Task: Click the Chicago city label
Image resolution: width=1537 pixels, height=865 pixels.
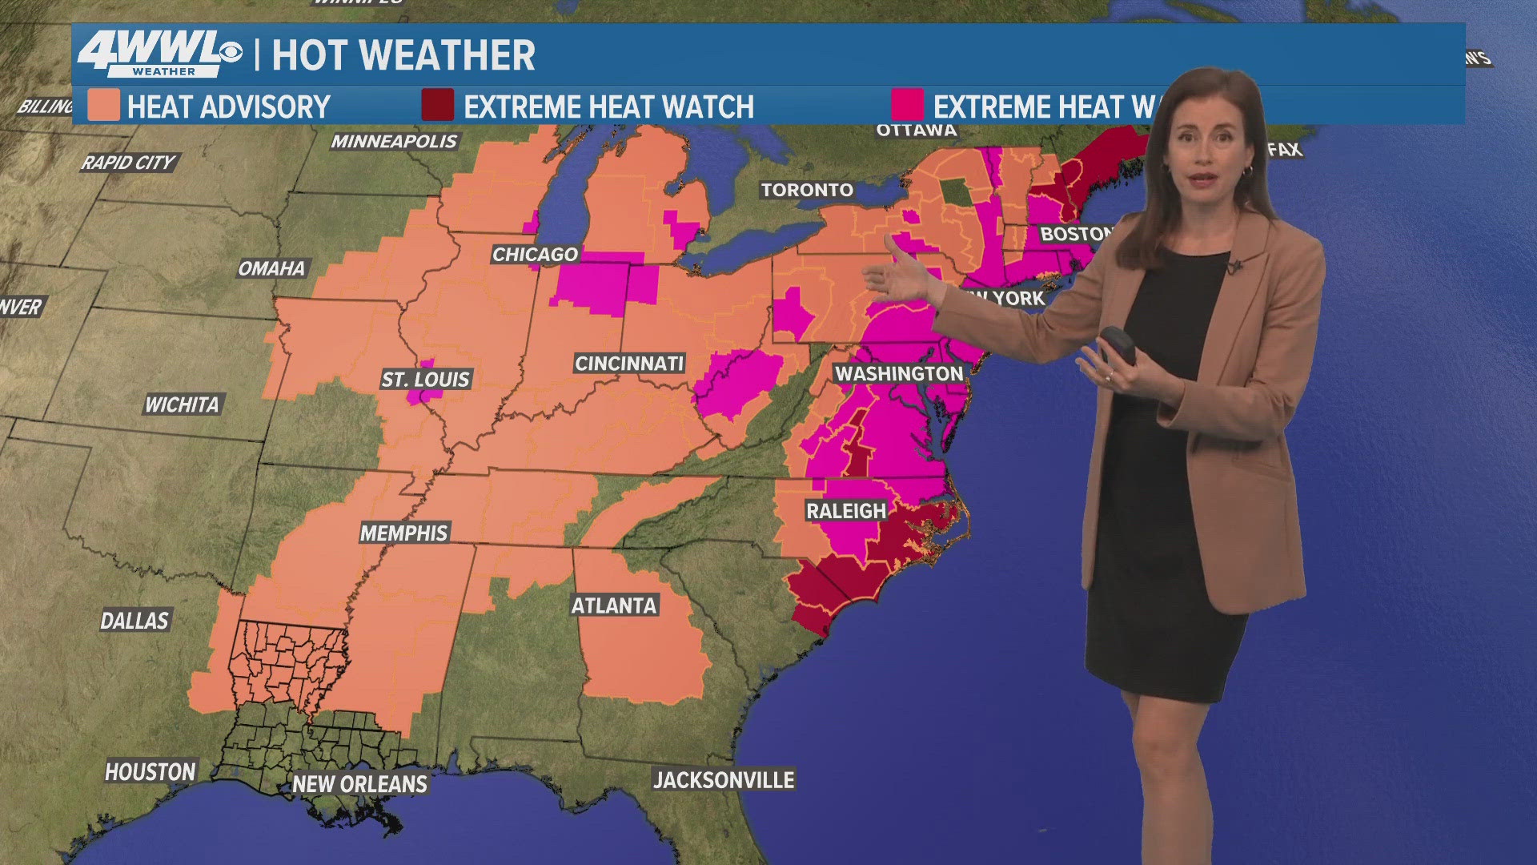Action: click(535, 255)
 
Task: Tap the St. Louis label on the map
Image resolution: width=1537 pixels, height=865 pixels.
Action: click(425, 379)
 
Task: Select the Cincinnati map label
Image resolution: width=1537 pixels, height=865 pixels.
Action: click(629, 364)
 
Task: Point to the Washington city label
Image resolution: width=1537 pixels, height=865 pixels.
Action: click(899, 374)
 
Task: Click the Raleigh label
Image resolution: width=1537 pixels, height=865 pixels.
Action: click(846, 511)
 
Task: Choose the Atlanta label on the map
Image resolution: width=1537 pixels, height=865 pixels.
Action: click(614, 605)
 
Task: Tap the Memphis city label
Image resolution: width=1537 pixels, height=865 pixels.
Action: click(403, 533)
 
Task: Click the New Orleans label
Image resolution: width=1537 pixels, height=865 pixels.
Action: click(359, 784)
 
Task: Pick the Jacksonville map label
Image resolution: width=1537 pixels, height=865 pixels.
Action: click(724, 779)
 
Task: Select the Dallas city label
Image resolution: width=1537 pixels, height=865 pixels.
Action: click(134, 621)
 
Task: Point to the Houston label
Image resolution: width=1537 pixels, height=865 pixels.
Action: click(150, 771)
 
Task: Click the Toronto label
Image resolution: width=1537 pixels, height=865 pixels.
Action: click(807, 190)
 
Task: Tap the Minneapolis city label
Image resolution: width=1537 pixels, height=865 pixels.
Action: click(394, 142)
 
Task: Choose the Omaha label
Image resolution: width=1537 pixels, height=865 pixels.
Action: click(271, 268)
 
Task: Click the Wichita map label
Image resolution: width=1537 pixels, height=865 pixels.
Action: click(182, 405)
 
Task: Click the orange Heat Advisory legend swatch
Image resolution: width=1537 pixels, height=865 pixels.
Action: click(104, 106)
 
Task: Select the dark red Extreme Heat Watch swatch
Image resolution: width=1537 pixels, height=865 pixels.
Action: click(438, 106)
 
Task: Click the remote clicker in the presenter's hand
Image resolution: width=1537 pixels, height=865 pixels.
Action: click(1118, 346)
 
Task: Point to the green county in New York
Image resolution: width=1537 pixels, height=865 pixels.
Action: click(953, 191)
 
